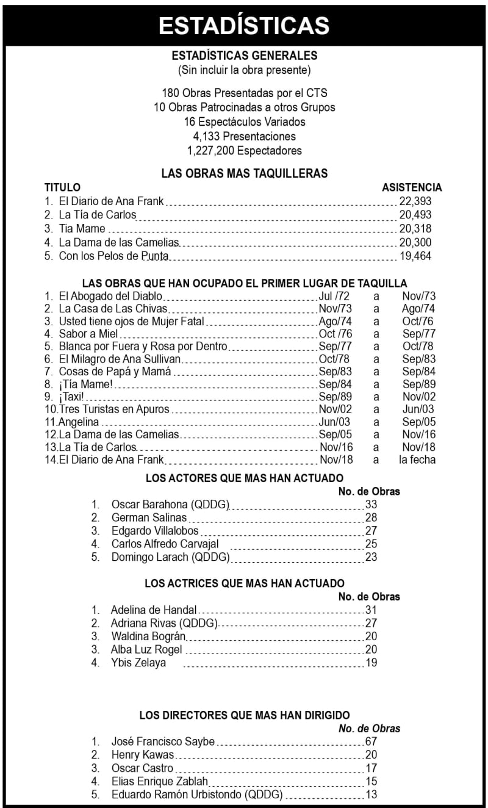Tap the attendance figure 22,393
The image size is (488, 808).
tap(415, 201)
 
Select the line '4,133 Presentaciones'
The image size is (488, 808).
tap(244, 136)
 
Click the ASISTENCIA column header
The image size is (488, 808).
tap(412, 187)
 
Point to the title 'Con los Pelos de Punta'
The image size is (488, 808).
tap(113, 256)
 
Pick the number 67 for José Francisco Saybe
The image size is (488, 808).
tap(371, 742)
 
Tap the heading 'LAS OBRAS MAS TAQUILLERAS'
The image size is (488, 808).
tap(244, 173)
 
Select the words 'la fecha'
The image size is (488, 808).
tap(417, 460)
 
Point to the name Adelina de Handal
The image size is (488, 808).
tap(154, 610)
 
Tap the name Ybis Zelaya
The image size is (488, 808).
tap(138, 663)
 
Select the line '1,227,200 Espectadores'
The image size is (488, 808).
tap(244, 150)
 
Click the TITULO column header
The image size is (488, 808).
tap(62, 187)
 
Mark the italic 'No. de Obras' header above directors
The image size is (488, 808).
tap(370, 729)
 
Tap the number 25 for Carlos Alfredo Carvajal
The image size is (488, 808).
tap(371, 544)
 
